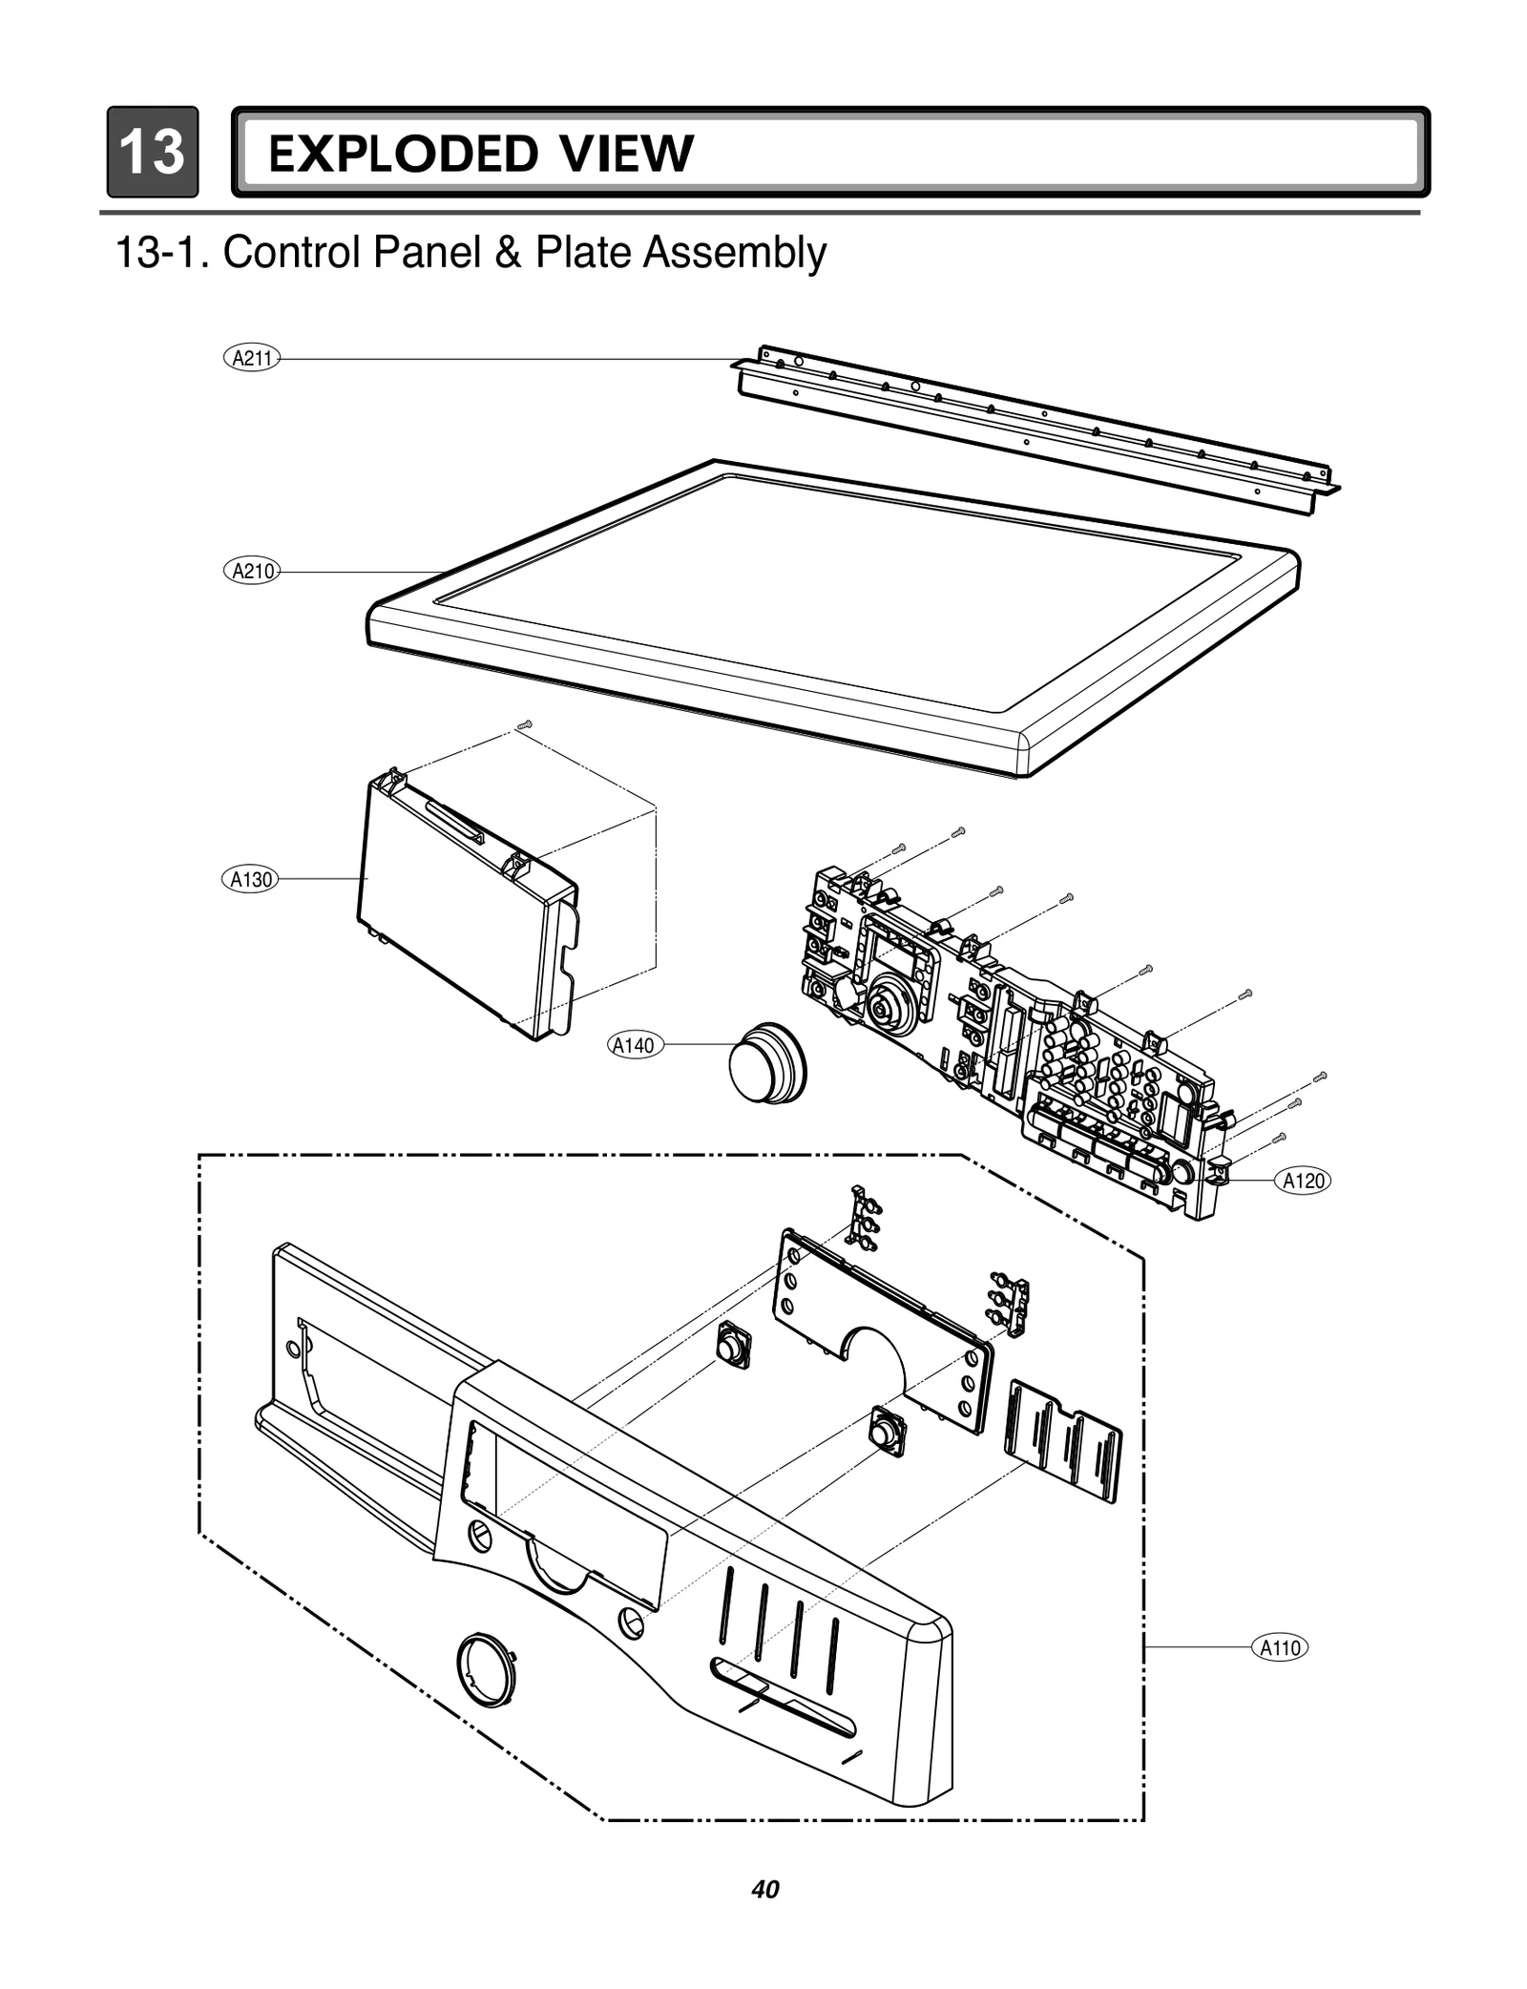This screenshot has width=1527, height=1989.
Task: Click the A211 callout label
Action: [253, 359]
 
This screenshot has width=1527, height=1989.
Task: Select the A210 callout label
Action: [253, 572]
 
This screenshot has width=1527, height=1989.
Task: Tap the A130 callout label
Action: [251, 879]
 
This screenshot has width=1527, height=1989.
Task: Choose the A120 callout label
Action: [1303, 1181]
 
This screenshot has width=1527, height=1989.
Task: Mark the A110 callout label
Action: [1279, 1648]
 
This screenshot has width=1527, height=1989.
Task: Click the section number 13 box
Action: [153, 153]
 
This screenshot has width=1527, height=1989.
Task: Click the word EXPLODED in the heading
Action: [401, 155]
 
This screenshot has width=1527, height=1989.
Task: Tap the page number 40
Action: [764, 1890]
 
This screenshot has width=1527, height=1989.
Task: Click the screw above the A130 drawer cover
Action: [523, 727]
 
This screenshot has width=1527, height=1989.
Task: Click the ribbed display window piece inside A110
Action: [1064, 1439]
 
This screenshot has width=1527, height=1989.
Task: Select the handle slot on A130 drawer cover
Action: [455, 823]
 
